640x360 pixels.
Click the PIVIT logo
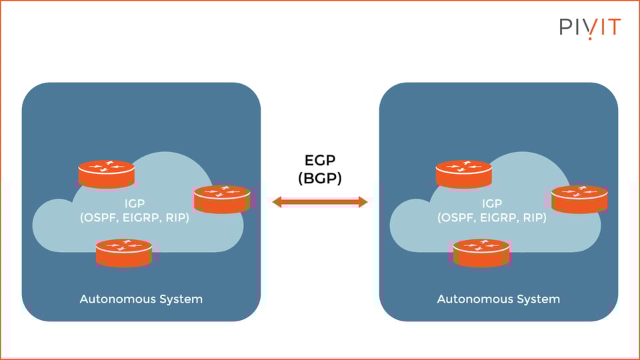590,27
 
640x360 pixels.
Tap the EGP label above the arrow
320,161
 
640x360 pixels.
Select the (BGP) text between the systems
320,179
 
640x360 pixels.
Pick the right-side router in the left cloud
221,199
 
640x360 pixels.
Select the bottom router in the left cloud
123,253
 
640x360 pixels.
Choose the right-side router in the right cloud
579,199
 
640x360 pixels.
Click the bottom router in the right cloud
481,253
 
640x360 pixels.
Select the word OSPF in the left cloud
99,218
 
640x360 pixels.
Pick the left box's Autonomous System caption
141,299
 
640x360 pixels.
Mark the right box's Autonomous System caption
498,299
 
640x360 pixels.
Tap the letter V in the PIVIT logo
589,27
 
